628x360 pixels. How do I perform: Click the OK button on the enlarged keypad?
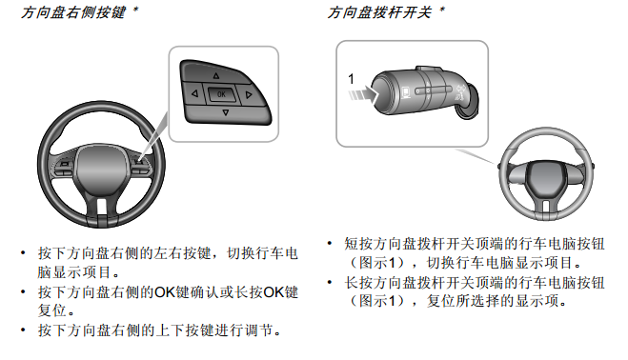pos(221,94)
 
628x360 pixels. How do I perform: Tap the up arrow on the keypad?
pos(216,75)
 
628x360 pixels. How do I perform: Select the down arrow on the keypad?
pos(226,113)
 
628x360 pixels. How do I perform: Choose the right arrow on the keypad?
pos(249,95)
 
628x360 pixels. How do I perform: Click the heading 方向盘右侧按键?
pos(73,12)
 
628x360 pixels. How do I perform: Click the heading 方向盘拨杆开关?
pos(379,12)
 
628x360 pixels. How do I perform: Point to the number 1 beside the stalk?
pos(352,78)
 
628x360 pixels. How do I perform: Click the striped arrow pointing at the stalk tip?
pos(363,94)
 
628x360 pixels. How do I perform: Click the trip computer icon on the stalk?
pos(406,92)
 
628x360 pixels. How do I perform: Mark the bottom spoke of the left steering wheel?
pos(102,211)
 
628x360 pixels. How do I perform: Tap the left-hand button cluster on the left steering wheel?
pos(64,168)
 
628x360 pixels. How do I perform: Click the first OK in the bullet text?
pos(165,292)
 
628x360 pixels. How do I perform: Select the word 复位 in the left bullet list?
pos(52,310)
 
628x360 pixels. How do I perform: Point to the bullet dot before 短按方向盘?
pos(330,243)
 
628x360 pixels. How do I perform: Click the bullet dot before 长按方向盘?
pos(330,282)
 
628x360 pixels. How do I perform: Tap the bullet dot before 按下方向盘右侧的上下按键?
pos(23,330)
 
